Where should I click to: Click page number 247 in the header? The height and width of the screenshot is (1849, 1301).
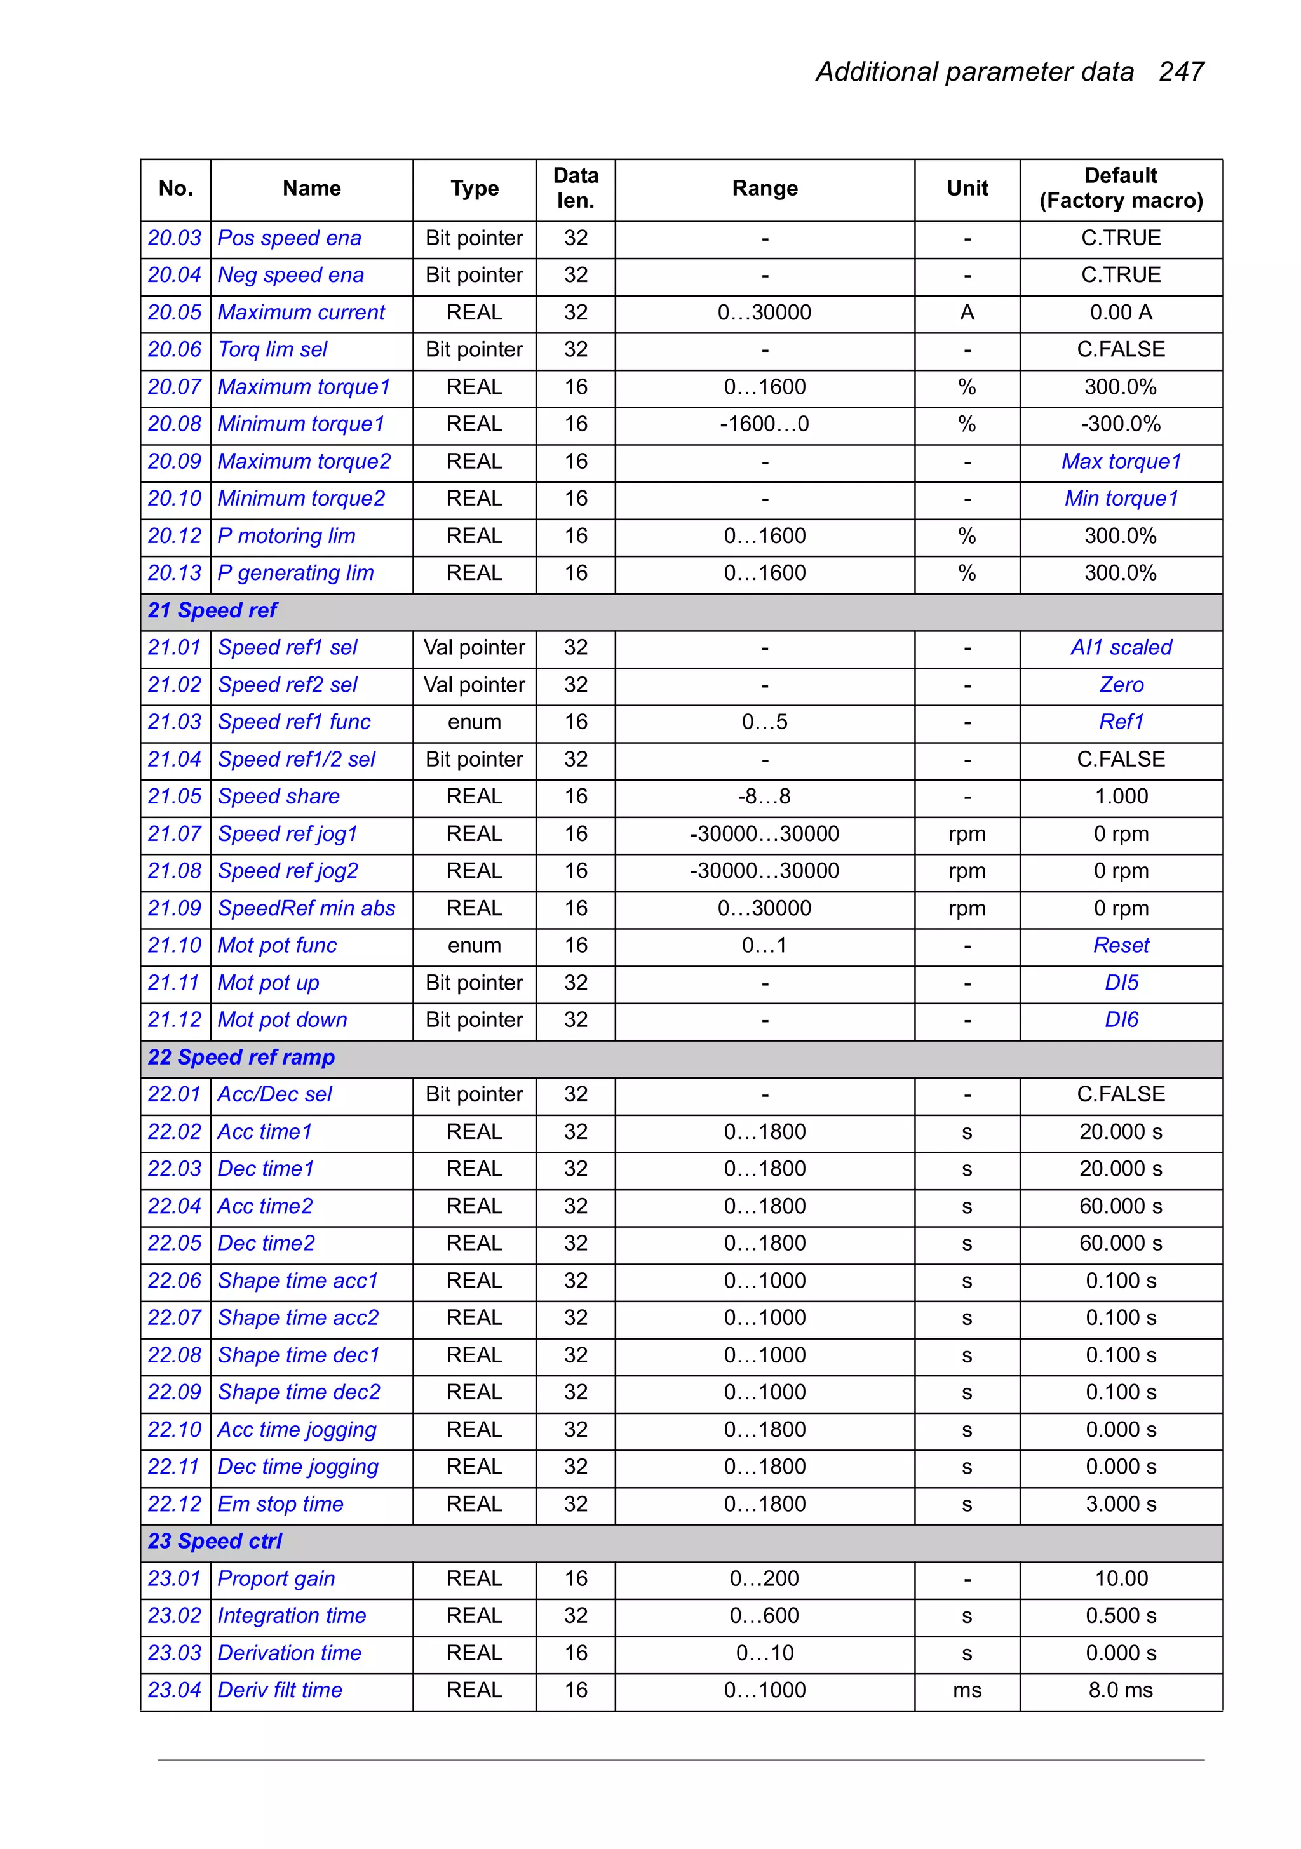(x=1180, y=72)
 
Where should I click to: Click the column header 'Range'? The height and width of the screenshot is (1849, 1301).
(x=764, y=189)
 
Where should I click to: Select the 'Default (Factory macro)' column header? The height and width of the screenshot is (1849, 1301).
(x=1120, y=189)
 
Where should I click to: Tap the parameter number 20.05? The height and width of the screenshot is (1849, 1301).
(x=174, y=313)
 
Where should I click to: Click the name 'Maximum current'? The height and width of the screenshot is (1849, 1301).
(x=301, y=313)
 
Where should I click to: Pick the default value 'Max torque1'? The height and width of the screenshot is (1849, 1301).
(x=1121, y=461)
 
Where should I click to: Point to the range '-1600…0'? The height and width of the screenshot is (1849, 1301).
(x=764, y=424)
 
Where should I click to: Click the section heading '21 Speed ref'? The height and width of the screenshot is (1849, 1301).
(x=212, y=610)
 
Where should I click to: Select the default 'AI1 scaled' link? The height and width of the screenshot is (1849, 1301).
(x=1121, y=647)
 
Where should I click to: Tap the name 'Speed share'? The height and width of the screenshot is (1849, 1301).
(x=279, y=797)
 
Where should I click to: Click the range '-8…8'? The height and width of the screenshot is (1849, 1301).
(x=764, y=797)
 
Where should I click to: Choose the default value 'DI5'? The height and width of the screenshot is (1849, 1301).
(x=1121, y=983)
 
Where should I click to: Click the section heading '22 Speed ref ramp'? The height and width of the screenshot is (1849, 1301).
(x=241, y=1058)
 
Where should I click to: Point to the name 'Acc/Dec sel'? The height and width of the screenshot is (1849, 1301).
(x=274, y=1094)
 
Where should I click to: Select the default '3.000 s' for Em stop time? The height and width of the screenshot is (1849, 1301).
(x=1121, y=1504)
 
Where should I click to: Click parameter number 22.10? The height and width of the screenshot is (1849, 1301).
(x=174, y=1429)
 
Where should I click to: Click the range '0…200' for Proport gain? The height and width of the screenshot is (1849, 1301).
(x=764, y=1578)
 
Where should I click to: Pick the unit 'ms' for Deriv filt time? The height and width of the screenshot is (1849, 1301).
(x=967, y=1690)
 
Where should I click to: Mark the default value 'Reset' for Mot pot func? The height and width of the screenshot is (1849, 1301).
(x=1121, y=945)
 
